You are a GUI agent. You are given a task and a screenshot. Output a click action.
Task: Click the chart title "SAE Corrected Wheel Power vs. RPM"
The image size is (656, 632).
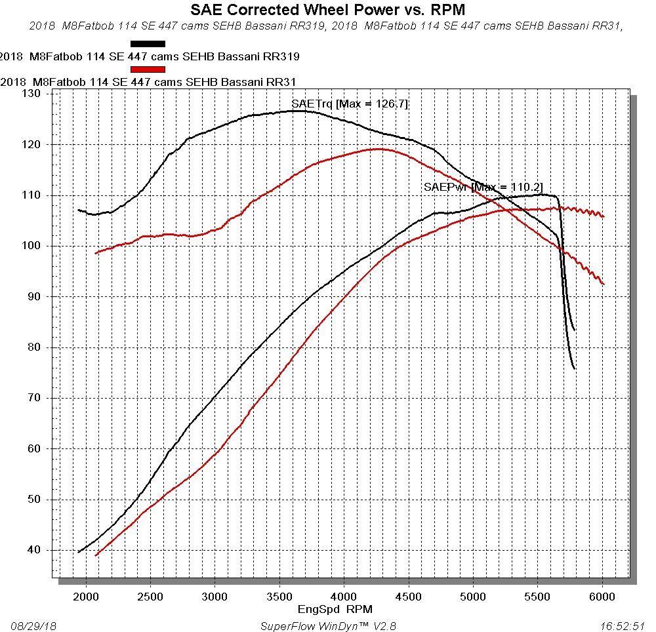coord(328,10)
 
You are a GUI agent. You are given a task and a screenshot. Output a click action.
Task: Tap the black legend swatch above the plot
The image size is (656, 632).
coord(148,44)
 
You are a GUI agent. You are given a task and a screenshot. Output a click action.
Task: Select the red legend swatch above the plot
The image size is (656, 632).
coord(148,69)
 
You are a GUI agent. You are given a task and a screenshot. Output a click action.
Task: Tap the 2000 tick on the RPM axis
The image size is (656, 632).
coord(85,597)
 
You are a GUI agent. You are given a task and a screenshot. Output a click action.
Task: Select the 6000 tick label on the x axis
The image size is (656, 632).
coord(602,597)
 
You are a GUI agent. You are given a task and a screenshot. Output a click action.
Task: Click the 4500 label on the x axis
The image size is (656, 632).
coord(408,597)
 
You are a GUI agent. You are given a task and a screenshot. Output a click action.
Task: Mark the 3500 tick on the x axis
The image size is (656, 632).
coord(279,597)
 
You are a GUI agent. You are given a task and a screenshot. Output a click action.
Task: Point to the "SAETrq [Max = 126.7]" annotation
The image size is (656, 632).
coord(350,104)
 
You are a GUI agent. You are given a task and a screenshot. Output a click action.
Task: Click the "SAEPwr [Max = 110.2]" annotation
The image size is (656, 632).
coord(483,188)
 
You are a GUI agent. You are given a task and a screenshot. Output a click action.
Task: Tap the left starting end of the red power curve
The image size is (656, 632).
coord(96,556)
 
